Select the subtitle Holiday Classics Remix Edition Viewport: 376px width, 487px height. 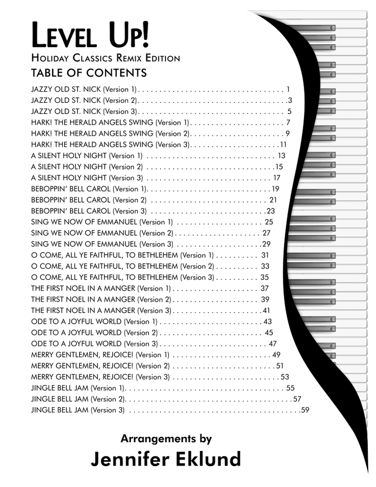pyautogui.click(x=105, y=58)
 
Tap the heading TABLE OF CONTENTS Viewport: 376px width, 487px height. pyautogui.click(x=89, y=74)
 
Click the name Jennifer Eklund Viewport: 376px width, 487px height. pyautogui.click(x=166, y=459)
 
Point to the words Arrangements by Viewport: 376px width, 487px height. pyautogui.click(x=166, y=438)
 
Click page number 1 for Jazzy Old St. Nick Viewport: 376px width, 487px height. pyautogui.click(x=288, y=89)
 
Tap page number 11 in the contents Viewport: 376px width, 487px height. pyautogui.click(x=283, y=145)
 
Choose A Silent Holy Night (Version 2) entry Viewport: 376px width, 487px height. pyautogui.click(x=87, y=167)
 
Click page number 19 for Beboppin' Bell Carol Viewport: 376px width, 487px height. pyautogui.click(x=275, y=189)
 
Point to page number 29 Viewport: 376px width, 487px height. pyautogui.click(x=266, y=244)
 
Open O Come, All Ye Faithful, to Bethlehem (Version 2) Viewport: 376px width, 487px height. pyautogui.click(x=122, y=266)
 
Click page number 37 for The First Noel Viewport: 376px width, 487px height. pyautogui.click(x=265, y=288)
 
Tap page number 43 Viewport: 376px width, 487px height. pyautogui.click(x=267, y=321)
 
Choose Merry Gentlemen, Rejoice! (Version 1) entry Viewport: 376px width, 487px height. pyautogui.click(x=100, y=355)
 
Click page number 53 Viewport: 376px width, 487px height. pyautogui.click(x=285, y=377)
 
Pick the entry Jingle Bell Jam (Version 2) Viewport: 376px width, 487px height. pyautogui.click(x=79, y=399)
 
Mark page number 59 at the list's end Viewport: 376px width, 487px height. pyautogui.click(x=305, y=410)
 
